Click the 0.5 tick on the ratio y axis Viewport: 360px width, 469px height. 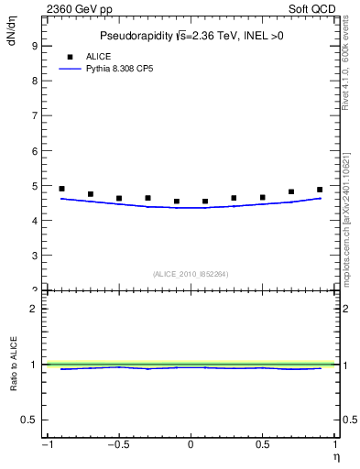point(30,420)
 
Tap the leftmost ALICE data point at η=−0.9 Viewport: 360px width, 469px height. point(61,189)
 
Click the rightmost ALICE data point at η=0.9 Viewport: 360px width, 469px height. point(320,190)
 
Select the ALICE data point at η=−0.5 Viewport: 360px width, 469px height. point(119,198)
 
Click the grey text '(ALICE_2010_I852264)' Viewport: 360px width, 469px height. point(191,273)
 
